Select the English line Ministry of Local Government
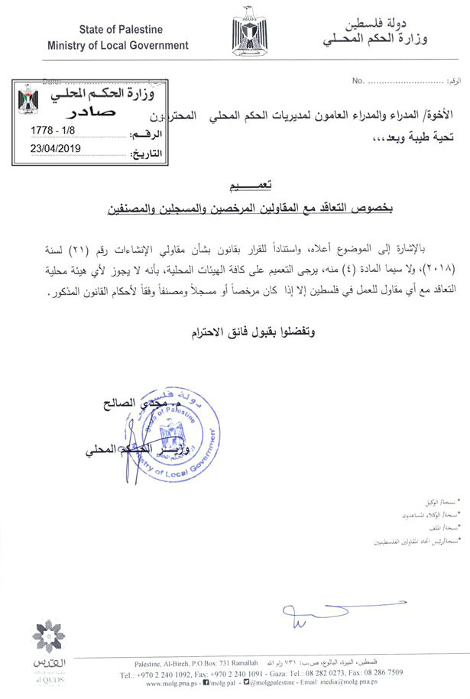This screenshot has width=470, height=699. (x=118, y=45)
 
